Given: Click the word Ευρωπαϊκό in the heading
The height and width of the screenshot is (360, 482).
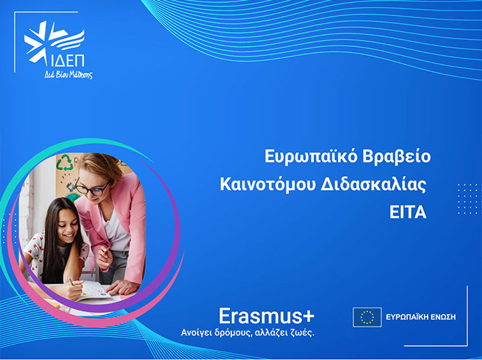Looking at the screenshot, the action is pyautogui.click(x=311, y=157).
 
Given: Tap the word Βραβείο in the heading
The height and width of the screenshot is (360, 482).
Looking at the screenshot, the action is pyautogui.click(x=397, y=157).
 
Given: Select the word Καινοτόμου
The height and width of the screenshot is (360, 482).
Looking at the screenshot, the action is pyautogui.click(x=268, y=185).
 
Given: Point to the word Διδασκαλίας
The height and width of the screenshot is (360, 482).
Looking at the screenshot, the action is pyautogui.click(x=374, y=185).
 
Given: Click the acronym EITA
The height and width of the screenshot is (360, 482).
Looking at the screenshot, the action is pyautogui.click(x=408, y=213).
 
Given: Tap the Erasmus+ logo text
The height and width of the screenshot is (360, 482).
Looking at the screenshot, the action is pyautogui.click(x=267, y=316).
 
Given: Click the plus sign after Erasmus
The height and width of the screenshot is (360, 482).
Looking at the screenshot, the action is pyautogui.click(x=308, y=317).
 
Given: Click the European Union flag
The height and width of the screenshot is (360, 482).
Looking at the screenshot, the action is pyautogui.click(x=367, y=317).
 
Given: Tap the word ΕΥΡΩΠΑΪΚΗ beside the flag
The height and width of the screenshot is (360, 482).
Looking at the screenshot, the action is pyautogui.click(x=405, y=317).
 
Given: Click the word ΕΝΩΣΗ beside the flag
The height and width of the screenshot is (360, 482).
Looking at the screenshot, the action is pyautogui.click(x=441, y=317).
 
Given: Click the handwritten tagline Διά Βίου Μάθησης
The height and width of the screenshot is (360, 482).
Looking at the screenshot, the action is pyautogui.click(x=68, y=75).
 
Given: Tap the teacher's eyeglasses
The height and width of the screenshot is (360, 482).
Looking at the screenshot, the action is pyautogui.click(x=92, y=188).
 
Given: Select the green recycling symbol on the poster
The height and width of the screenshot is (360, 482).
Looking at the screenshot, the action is pyautogui.click(x=64, y=162).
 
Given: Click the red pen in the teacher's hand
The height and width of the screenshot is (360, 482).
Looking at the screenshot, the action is pyautogui.click(x=106, y=251).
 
